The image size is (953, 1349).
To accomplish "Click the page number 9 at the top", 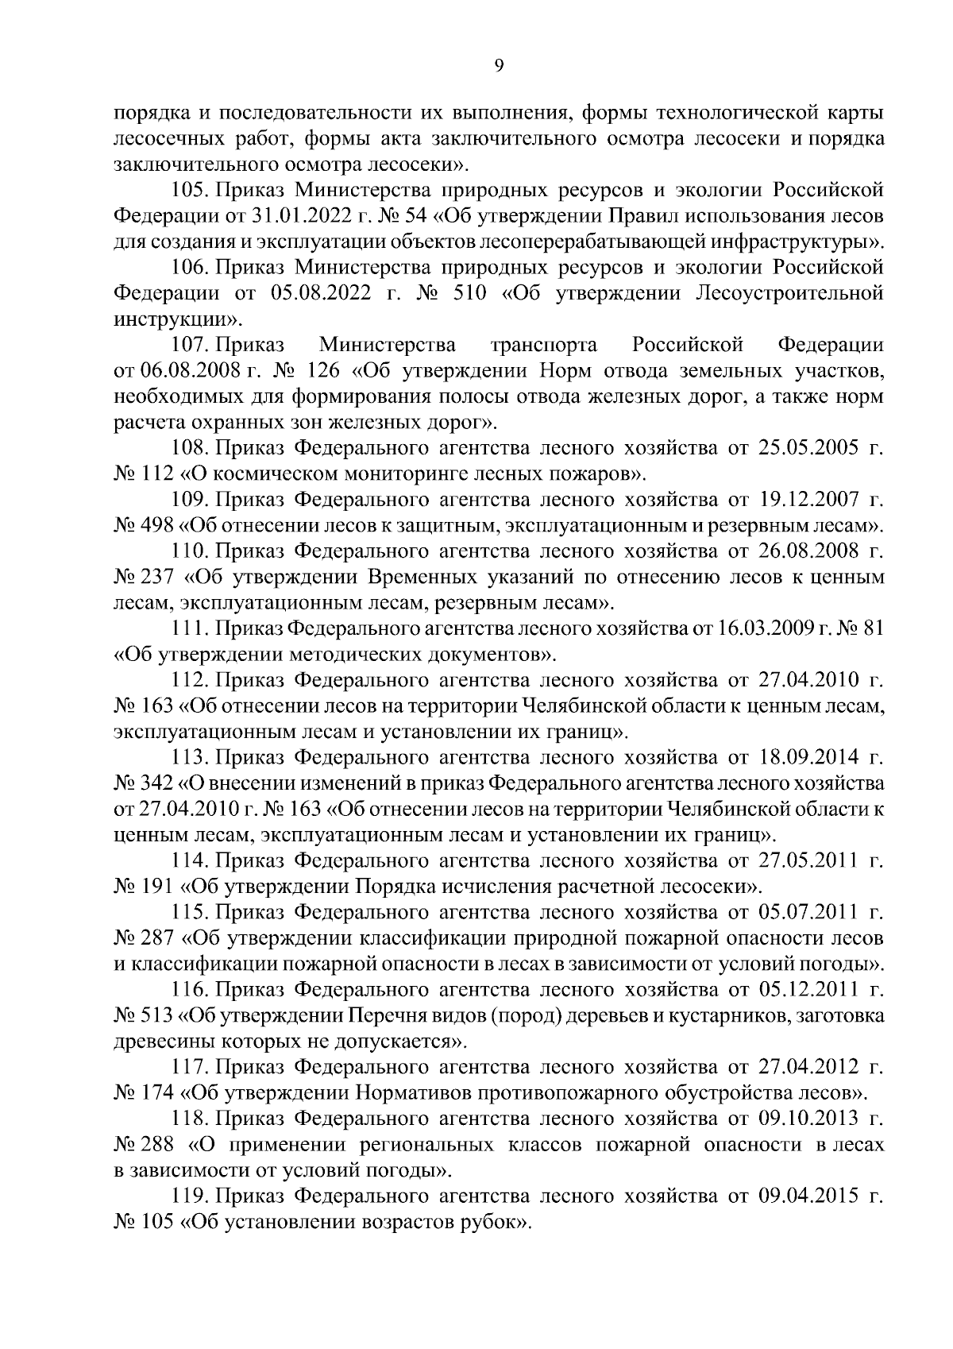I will [x=499, y=67].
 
